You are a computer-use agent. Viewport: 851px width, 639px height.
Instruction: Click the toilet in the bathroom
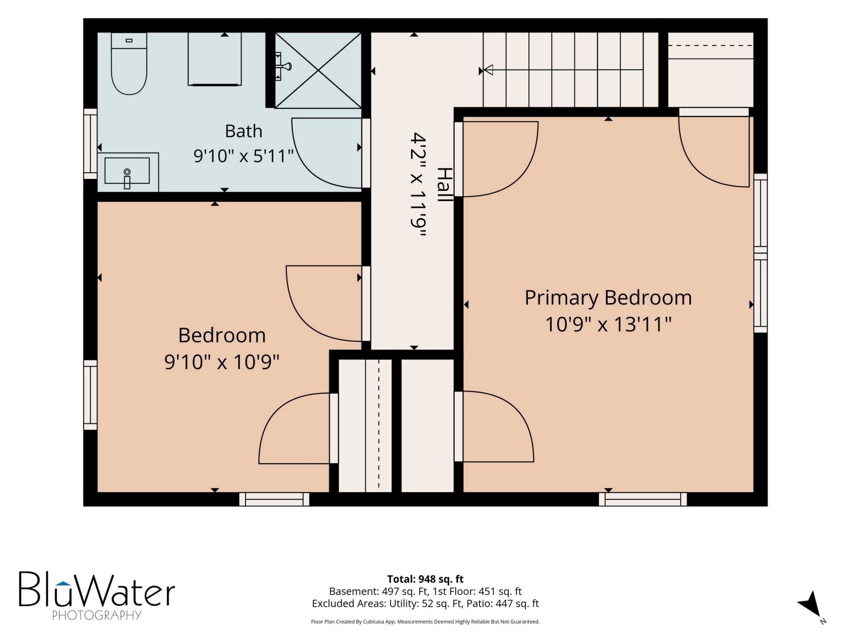point(129,63)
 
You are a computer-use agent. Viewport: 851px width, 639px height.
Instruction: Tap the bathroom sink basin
point(127,170)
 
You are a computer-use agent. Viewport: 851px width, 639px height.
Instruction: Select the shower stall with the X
point(318,70)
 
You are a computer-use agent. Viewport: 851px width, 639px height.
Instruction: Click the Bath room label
point(243,131)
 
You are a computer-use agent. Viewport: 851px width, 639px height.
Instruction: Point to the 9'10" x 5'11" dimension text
point(244,156)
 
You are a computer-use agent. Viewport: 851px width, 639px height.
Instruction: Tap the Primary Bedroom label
point(608,298)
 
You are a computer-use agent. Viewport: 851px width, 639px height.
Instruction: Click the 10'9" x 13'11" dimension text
point(608,324)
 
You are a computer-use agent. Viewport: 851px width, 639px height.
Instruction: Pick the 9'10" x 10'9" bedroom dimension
point(222,362)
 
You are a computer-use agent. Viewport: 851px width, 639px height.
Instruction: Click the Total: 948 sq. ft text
point(425,579)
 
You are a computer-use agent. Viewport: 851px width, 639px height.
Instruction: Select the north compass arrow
point(811,604)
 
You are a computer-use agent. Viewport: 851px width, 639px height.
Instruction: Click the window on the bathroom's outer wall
point(90,144)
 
